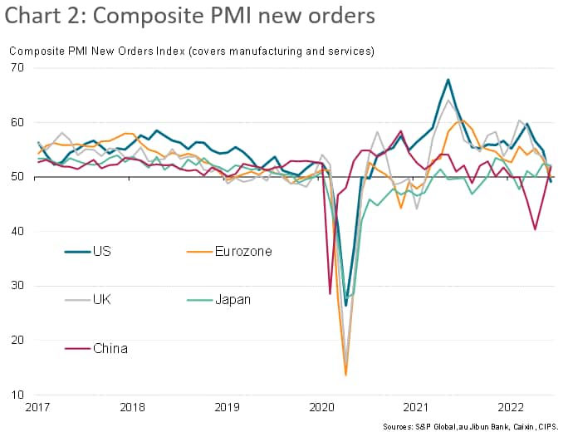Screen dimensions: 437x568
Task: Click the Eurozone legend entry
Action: coord(243,251)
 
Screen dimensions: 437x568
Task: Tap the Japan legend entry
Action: coord(232,299)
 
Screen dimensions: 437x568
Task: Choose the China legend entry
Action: coord(110,348)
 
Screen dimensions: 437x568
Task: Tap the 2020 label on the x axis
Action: coord(321,409)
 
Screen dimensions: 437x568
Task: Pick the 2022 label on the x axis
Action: coord(510,409)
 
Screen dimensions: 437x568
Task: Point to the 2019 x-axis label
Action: coord(228,409)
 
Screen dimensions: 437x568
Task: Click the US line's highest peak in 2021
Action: coord(448,80)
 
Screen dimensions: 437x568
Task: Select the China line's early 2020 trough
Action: coord(330,293)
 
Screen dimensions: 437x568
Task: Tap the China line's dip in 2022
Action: coord(535,229)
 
